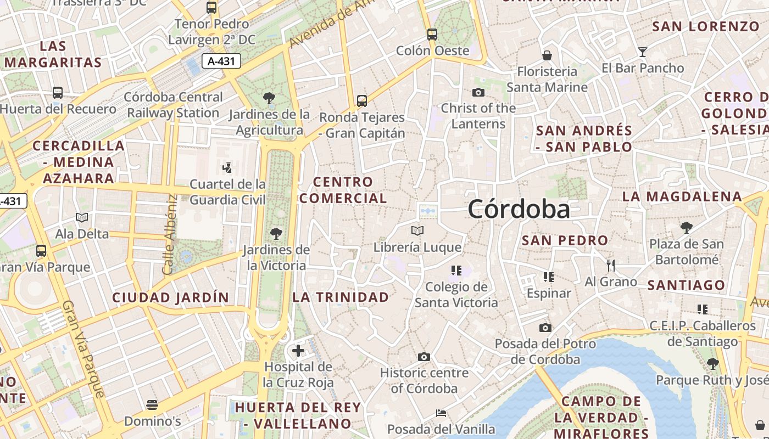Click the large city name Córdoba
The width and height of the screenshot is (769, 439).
click(519, 209)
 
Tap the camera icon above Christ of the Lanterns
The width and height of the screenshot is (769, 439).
click(478, 92)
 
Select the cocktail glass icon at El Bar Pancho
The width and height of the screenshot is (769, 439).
click(643, 52)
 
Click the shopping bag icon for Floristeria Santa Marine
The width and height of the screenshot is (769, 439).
click(547, 55)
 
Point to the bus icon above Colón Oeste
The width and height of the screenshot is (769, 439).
click(432, 34)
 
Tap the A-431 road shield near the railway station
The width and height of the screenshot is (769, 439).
click(221, 61)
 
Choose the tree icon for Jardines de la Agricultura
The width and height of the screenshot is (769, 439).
click(269, 99)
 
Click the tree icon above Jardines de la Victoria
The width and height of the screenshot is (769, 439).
click(276, 234)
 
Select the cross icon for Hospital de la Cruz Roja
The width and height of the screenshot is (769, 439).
click(298, 350)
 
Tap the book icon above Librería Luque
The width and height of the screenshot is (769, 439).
click(417, 231)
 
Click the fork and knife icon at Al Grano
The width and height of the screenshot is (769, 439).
click(611, 266)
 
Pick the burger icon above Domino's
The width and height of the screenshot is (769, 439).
click(152, 405)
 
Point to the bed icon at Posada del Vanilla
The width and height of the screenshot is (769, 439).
click(441, 413)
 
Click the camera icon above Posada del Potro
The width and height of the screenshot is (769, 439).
click(545, 328)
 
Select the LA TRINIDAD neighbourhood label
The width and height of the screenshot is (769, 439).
click(341, 297)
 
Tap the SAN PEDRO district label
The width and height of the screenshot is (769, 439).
click(565, 240)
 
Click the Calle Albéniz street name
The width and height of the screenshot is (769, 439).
click(169, 234)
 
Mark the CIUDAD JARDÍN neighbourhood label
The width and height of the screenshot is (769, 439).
click(170, 297)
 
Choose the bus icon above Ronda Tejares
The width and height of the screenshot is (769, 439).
click(361, 101)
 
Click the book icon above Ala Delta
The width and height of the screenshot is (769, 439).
click(82, 218)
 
